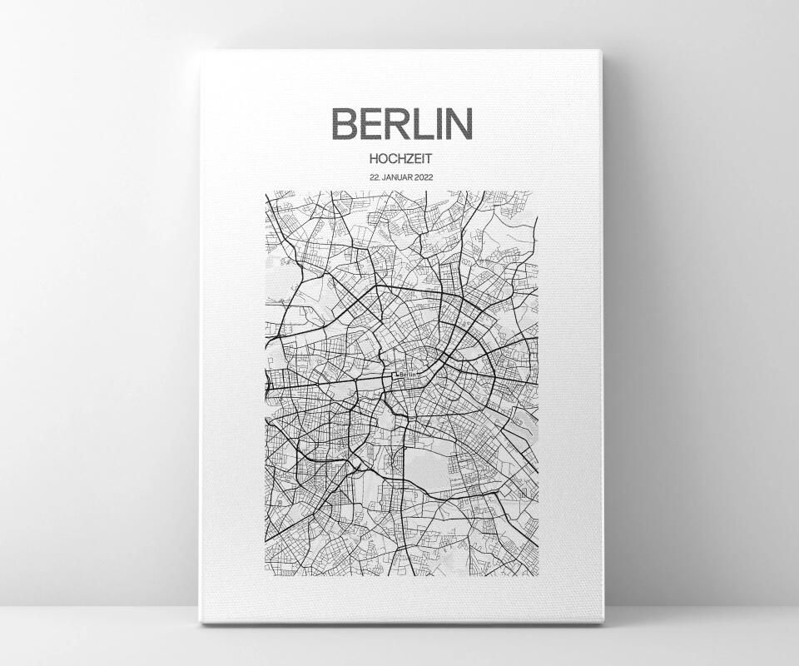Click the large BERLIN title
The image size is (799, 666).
401,123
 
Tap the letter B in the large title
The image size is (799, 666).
345,123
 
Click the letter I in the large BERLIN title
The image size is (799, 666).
441,123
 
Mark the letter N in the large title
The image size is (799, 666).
459,123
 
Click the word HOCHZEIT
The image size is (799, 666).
401,157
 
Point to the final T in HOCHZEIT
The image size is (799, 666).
431,157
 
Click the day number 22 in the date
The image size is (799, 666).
374,176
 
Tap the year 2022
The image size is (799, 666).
422,176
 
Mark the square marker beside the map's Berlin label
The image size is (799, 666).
395,375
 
